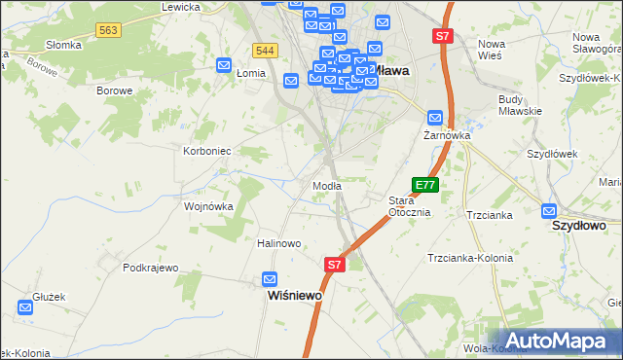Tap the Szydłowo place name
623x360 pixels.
[579, 225]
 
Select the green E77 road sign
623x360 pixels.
[425, 184]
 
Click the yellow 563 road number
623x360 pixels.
[108, 31]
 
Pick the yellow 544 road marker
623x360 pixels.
[264, 50]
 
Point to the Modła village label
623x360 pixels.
[326, 186]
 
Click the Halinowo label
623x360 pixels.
[278, 243]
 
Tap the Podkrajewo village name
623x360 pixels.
[151, 268]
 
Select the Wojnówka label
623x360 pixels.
[209, 206]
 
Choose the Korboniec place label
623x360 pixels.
[206, 151]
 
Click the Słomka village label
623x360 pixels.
[63, 45]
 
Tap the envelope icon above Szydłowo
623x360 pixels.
[549, 210]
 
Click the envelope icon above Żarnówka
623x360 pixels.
[436, 118]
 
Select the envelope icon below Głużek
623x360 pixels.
[25, 307]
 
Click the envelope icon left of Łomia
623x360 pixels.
[224, 65]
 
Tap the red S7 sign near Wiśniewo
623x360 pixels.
[334, 264]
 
